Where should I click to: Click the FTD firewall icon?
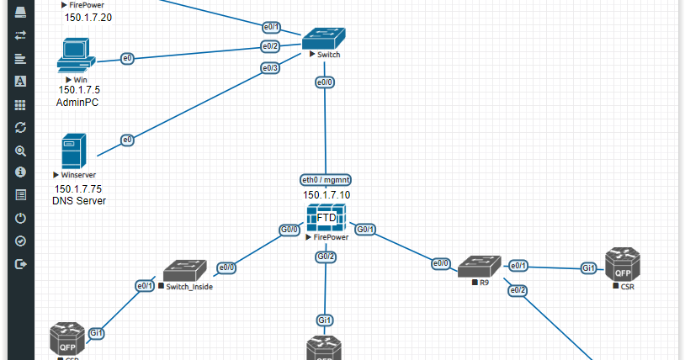pos(326,219)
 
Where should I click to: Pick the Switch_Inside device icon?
pos(185,271)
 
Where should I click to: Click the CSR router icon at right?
pos(623,264)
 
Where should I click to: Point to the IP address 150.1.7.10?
pos(327,195)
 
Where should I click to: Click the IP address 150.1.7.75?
pos(78,188)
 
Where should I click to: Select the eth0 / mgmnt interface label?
pos(326,180)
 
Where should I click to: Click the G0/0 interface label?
pos(289,229)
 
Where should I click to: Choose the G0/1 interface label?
pos(365,229)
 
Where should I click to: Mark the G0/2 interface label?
pos(326,256)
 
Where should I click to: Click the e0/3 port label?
pos(269,68)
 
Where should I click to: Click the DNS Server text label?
pos(79,201)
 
